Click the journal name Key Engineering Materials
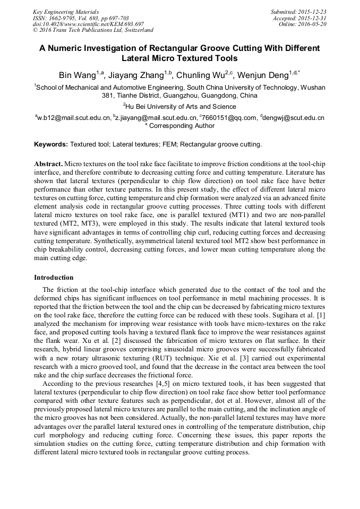(66, 12)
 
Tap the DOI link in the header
(88, 24)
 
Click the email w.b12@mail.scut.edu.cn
(74, 117)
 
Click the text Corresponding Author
(182, 126)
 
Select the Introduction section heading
(54, 277)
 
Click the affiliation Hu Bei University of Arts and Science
(181, 106)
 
